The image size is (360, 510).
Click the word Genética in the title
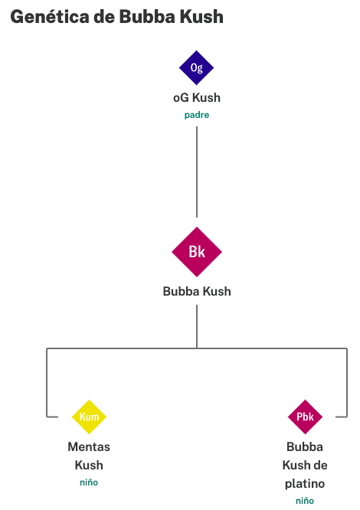pos(50,17)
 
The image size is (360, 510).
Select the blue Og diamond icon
pos(196,67)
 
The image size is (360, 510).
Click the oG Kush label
pos(197,97)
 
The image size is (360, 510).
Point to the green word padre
pos(197,115)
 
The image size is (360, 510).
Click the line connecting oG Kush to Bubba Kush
pos(197,172)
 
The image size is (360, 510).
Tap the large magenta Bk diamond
pos(197,252)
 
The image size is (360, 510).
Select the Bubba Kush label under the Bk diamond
pos(197,292)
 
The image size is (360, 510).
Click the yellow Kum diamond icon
pos(89,417)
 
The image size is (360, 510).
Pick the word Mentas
pos(89,447)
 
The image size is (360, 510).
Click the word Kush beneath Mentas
pos(89,465)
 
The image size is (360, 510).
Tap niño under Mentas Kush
pos(89,482)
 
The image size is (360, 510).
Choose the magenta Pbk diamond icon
pos(305,417)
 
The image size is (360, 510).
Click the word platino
pos(305,484)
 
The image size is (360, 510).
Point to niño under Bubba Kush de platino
pos(305,501)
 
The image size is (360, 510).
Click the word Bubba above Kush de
pos(305,447)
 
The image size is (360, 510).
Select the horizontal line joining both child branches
pos(197,348)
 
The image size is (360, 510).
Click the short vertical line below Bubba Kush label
pos(197,326)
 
